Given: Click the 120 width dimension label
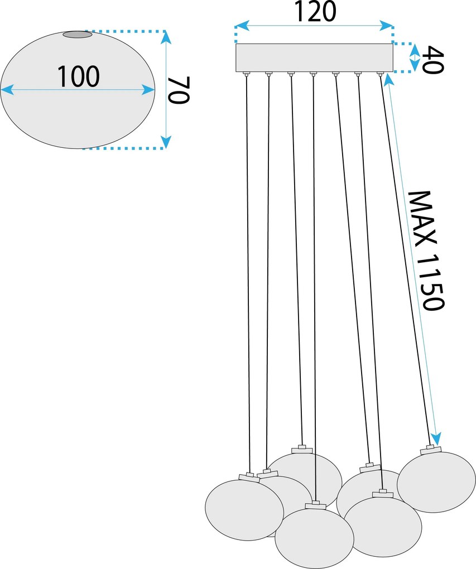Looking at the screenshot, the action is point(315,12).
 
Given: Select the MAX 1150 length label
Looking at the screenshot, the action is point(426,250).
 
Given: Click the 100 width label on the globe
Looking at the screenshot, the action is point(78,76).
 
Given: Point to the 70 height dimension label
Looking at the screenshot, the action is point(179,90).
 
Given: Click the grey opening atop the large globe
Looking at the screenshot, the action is point(78,35).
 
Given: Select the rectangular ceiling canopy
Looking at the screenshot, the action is point(314,57).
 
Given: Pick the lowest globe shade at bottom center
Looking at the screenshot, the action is point(314,538).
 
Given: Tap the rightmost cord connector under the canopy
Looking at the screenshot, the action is point(380,74).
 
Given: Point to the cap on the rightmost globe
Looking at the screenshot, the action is point(431,449).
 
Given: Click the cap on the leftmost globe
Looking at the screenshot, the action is point(249,477).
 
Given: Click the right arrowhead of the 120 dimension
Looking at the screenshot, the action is point(386,26).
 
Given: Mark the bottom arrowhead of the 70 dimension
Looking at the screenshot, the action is point(166,142).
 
